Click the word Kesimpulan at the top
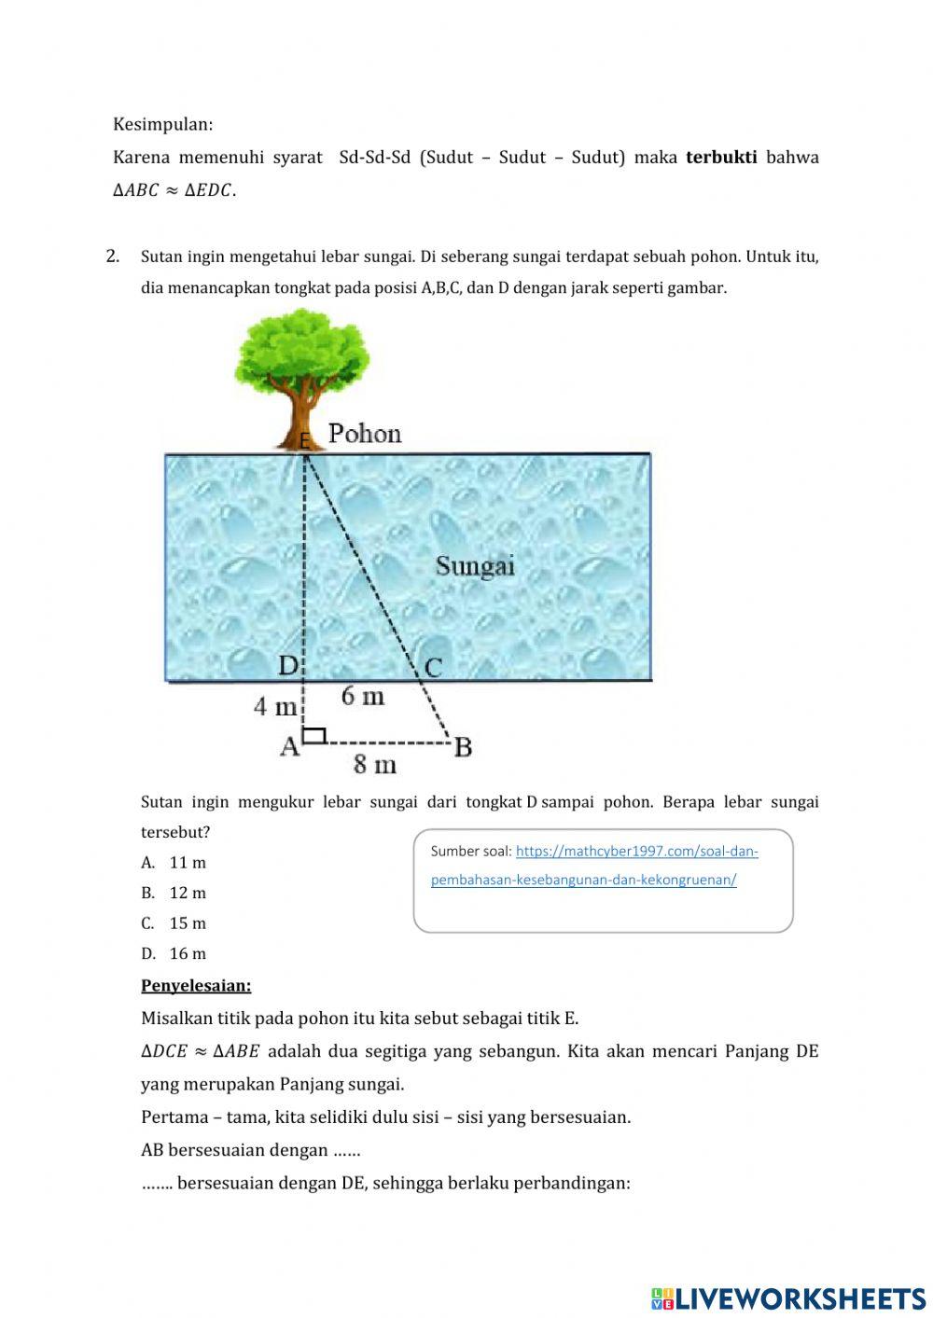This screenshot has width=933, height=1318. click(162, 124)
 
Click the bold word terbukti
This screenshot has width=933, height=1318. click(720, 157)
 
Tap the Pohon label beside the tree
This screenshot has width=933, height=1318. click(364, 434)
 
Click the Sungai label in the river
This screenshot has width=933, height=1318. click(475, 565)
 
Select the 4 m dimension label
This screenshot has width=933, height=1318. click(274, 707)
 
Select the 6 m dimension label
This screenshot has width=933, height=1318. click(362, 696)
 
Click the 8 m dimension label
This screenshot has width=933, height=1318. click(374, 765)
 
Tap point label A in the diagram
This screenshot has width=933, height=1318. click(289, 747)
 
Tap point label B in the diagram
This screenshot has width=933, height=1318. click(463, 747)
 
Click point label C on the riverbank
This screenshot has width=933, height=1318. click(433, 668)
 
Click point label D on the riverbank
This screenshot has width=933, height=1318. click(288, 666)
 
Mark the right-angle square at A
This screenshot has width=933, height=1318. click(314, 736)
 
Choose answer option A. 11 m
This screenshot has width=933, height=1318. click(174, 863)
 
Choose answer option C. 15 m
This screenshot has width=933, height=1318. click(174, 923)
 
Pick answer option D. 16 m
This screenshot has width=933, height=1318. click(174, 953)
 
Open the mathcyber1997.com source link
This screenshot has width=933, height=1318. click(636, 851)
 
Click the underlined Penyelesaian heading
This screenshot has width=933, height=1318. click(196, 985)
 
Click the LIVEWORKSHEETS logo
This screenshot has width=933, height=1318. click(788, 1297)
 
